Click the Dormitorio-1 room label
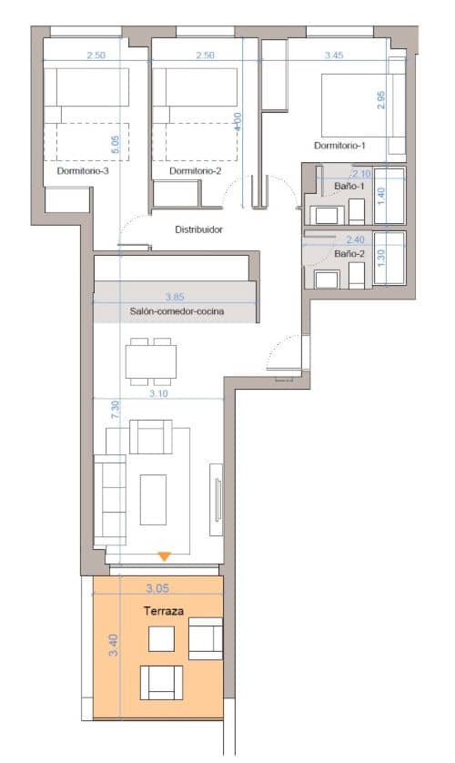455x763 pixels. pyautogui.click(x=339, y=146)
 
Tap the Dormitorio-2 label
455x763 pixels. pyautogui.click(x=196, y=170)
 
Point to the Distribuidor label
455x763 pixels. pyautogui.click(x=199, y=229)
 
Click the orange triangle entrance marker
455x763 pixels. pyautogui.click(x=164, y=555)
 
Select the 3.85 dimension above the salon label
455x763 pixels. pyautogui.click(x=174, y=296)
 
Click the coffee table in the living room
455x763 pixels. pyautogui.click(x=153, y=498)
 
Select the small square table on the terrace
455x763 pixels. pyautogui.click(x=161, y=640)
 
